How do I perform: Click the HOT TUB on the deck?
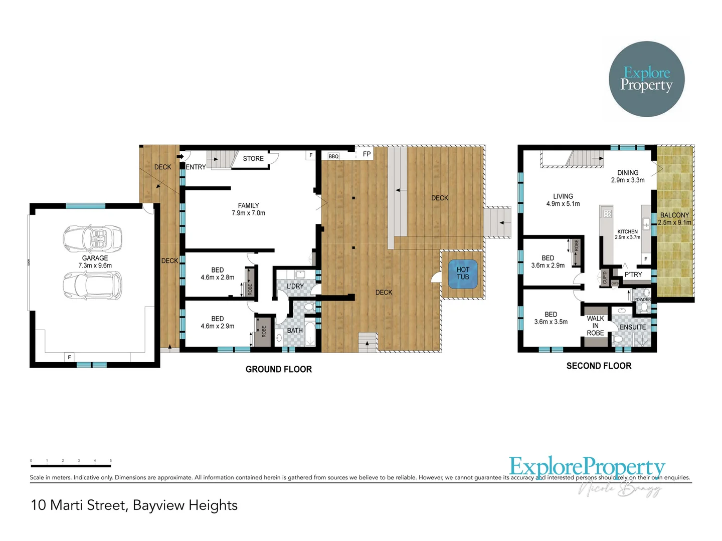(463, 274)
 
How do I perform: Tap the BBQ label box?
(333, 156)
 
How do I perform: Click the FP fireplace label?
(367, 154)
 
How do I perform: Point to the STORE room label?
(253, 158)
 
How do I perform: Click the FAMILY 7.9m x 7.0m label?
(248, 209)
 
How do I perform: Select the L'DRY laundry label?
(295, 286)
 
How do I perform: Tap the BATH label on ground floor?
(295, 330)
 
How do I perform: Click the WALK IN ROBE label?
(595, 326)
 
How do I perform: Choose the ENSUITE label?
(633, 327)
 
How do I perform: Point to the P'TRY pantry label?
(633, 275)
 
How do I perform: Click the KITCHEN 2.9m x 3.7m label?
(628, 234)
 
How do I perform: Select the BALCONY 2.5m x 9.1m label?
(674, 219)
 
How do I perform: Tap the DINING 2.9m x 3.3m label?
(628, 176)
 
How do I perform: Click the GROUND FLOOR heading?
(278, 369)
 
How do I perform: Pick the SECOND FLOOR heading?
(599, 366)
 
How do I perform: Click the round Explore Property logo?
(646, 79)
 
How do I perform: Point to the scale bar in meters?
(71, 466)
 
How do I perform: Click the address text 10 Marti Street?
(134, 505)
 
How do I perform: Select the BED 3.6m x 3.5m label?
(551, 318)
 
